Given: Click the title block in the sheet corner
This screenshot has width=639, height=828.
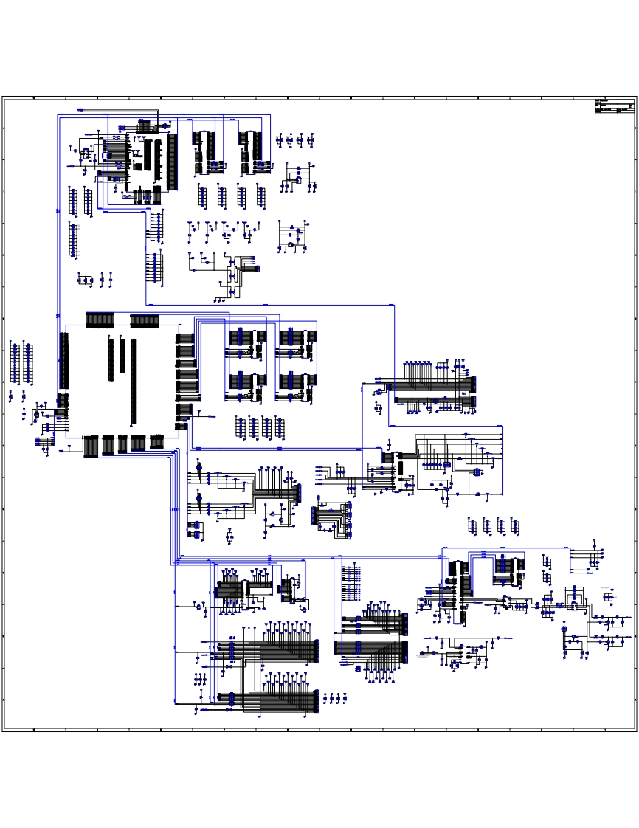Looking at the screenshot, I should click(x=614, y=106).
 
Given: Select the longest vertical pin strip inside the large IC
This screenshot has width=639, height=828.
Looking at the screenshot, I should click(x=134, y=381).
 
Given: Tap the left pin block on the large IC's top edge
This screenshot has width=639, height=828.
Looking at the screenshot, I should click(x=100, y=320).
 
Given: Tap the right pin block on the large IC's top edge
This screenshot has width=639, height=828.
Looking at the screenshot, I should click(x=144, y=320).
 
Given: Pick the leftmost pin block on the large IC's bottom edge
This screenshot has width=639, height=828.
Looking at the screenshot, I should click(x=91, y=446).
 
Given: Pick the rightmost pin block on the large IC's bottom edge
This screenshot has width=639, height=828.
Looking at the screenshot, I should click(x=156, y=442).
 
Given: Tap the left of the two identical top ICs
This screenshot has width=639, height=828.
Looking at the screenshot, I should click(x=204, y=148).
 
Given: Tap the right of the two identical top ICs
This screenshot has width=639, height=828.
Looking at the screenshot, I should click(x=248, y=148).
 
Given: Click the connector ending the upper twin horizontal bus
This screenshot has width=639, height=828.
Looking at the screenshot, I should click(x=473, y=384).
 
